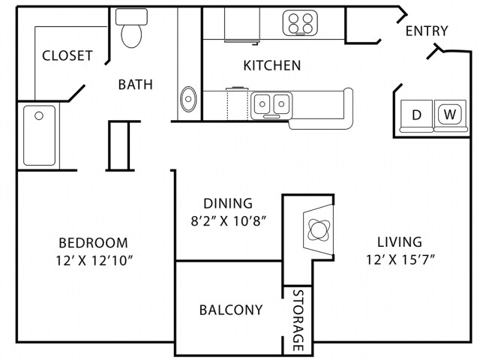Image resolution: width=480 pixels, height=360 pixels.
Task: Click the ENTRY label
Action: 427,31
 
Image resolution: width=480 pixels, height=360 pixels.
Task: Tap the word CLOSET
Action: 67,55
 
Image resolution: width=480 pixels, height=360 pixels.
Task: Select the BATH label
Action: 135,85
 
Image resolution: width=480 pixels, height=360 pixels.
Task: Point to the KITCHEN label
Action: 271,65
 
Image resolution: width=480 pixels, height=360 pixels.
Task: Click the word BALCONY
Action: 231,310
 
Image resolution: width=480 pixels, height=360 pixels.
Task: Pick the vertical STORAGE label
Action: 298,320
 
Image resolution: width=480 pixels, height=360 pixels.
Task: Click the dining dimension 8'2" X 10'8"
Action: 228,220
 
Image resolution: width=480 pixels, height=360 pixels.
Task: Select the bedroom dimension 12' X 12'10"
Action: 94,261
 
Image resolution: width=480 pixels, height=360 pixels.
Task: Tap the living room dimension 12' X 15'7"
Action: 400,260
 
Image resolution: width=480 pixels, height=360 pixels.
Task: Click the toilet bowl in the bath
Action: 132,36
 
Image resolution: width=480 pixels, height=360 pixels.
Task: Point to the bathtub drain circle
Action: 39,115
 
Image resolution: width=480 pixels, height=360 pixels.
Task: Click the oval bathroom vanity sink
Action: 188,99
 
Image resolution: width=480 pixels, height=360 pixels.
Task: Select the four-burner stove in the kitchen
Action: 300,23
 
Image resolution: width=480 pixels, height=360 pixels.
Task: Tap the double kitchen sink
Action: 271,105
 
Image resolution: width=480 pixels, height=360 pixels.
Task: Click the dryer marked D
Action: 417,115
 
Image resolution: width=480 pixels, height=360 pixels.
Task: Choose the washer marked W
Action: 450,115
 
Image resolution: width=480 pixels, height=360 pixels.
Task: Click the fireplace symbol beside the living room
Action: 318,229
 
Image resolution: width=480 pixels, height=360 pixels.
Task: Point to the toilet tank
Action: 131,16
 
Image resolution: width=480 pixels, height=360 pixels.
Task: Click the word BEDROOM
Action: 93,243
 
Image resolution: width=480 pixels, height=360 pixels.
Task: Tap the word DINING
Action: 228,203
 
